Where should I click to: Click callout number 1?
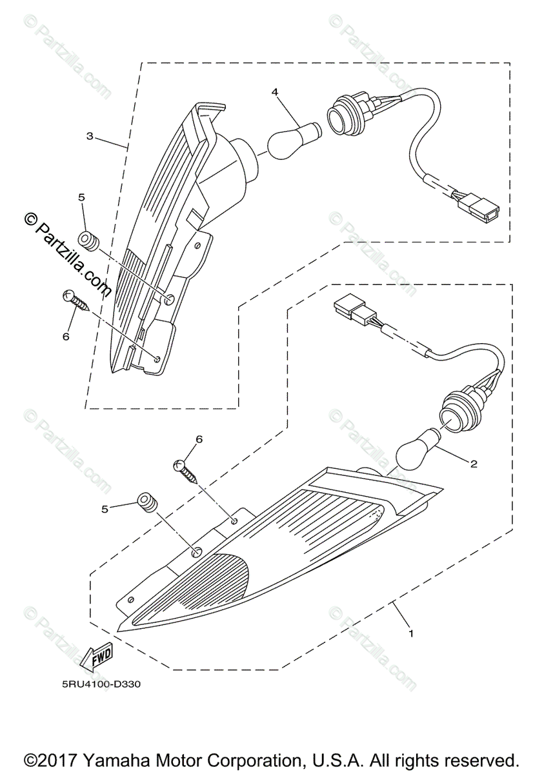410,633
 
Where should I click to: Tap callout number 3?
90,136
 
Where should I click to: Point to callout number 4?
275,92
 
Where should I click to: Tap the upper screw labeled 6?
74,301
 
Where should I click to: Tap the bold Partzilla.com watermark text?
65,258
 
